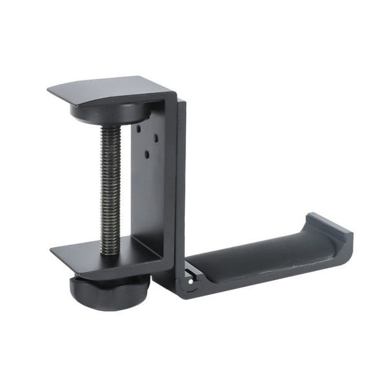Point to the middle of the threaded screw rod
click(111, 188)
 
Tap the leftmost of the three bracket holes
click(138, 128)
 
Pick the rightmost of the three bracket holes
click(155, 137)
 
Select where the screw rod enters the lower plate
click(111, 249)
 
